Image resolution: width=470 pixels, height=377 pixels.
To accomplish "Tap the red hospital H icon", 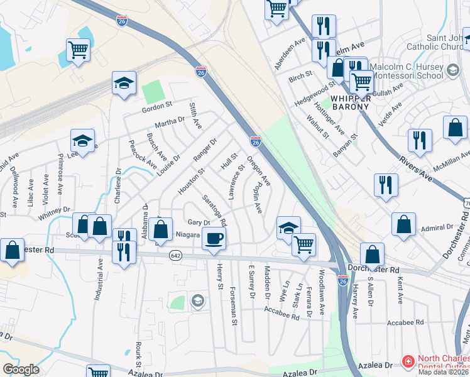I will coord(408,361).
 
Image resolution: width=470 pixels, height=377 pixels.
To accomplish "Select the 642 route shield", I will coord(175,255).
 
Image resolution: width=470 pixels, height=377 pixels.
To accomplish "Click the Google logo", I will coord(21,369).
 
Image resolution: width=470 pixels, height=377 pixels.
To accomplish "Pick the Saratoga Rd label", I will coord(214,210).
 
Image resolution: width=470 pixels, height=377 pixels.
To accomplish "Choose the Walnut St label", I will coord(317,126).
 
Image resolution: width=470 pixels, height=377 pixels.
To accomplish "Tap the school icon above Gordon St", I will coord(124,83).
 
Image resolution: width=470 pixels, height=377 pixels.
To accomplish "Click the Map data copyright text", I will coord(444,372).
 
